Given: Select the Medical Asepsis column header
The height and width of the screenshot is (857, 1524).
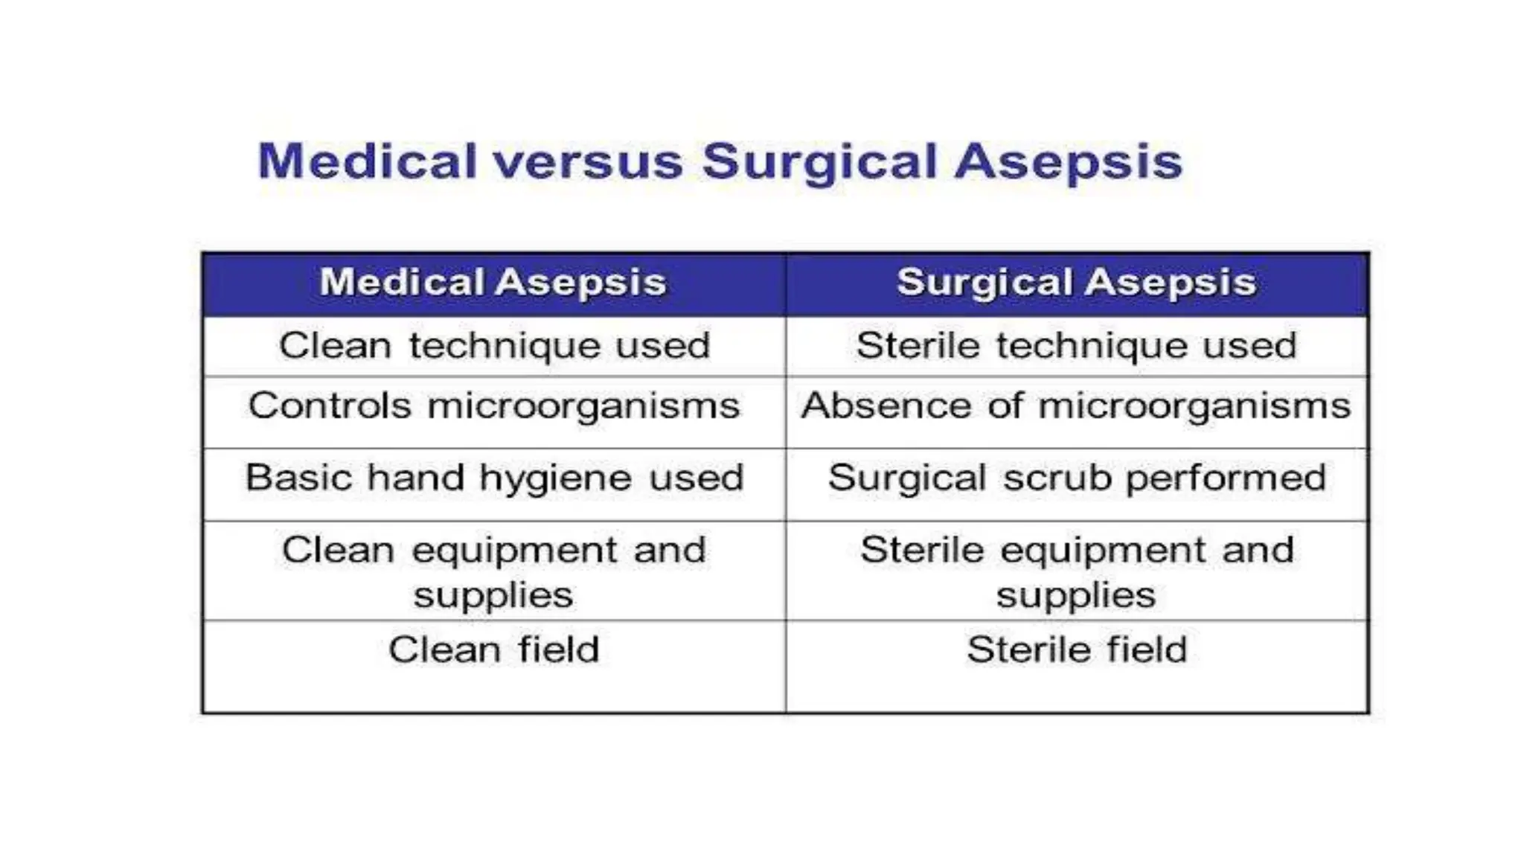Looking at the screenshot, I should [x=493, y=283].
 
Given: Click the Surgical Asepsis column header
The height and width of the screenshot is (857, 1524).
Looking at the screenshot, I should [x=1076, y=283].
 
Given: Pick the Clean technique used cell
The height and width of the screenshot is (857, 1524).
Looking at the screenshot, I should [x=494, y=346].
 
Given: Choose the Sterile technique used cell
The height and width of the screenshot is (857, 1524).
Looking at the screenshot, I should [x=1076, y=346].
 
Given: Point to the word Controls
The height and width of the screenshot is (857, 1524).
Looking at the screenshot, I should [x=330, y=406].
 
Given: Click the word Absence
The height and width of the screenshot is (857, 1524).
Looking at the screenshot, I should [x=886, y=406].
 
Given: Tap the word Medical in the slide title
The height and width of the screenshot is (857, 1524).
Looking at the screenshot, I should [x=367, y=162].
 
